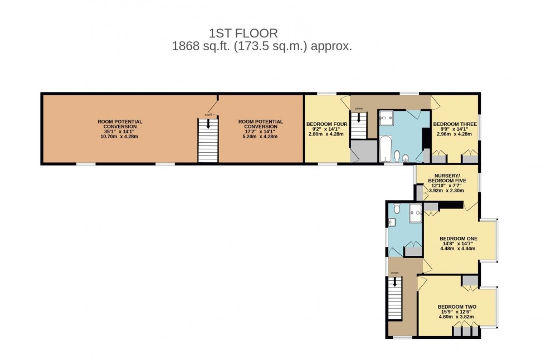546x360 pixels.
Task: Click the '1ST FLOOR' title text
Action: click(243, 34)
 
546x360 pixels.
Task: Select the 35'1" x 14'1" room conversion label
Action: click(120, 129)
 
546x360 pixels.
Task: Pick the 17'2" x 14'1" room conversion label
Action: click(260, 129)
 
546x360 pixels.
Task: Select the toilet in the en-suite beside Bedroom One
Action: click(396, 209)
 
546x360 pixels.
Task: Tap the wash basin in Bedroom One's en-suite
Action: click(392, 223)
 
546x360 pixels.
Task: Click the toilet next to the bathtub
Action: click(396, 155)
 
